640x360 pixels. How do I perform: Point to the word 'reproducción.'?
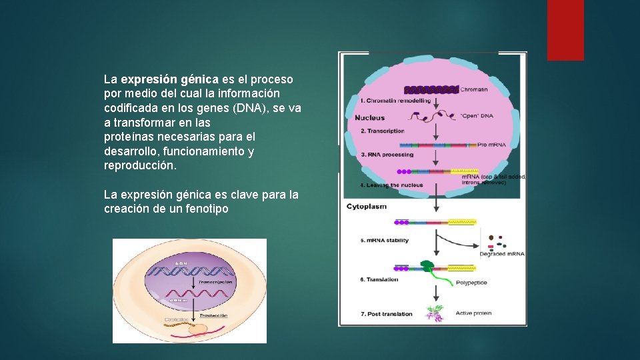point(141,166)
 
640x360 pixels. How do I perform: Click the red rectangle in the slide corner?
point(565,30)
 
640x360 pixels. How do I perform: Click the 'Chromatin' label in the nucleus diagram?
point(475,89)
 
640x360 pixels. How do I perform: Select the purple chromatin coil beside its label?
point(431,89)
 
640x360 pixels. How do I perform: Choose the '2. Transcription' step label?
point(383,131)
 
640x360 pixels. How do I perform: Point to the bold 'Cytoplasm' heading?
point(366,207)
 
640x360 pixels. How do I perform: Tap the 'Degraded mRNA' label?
point(502,254)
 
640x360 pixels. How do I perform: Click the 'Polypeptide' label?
point(471,283)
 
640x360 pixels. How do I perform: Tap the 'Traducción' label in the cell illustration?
point(214,315)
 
